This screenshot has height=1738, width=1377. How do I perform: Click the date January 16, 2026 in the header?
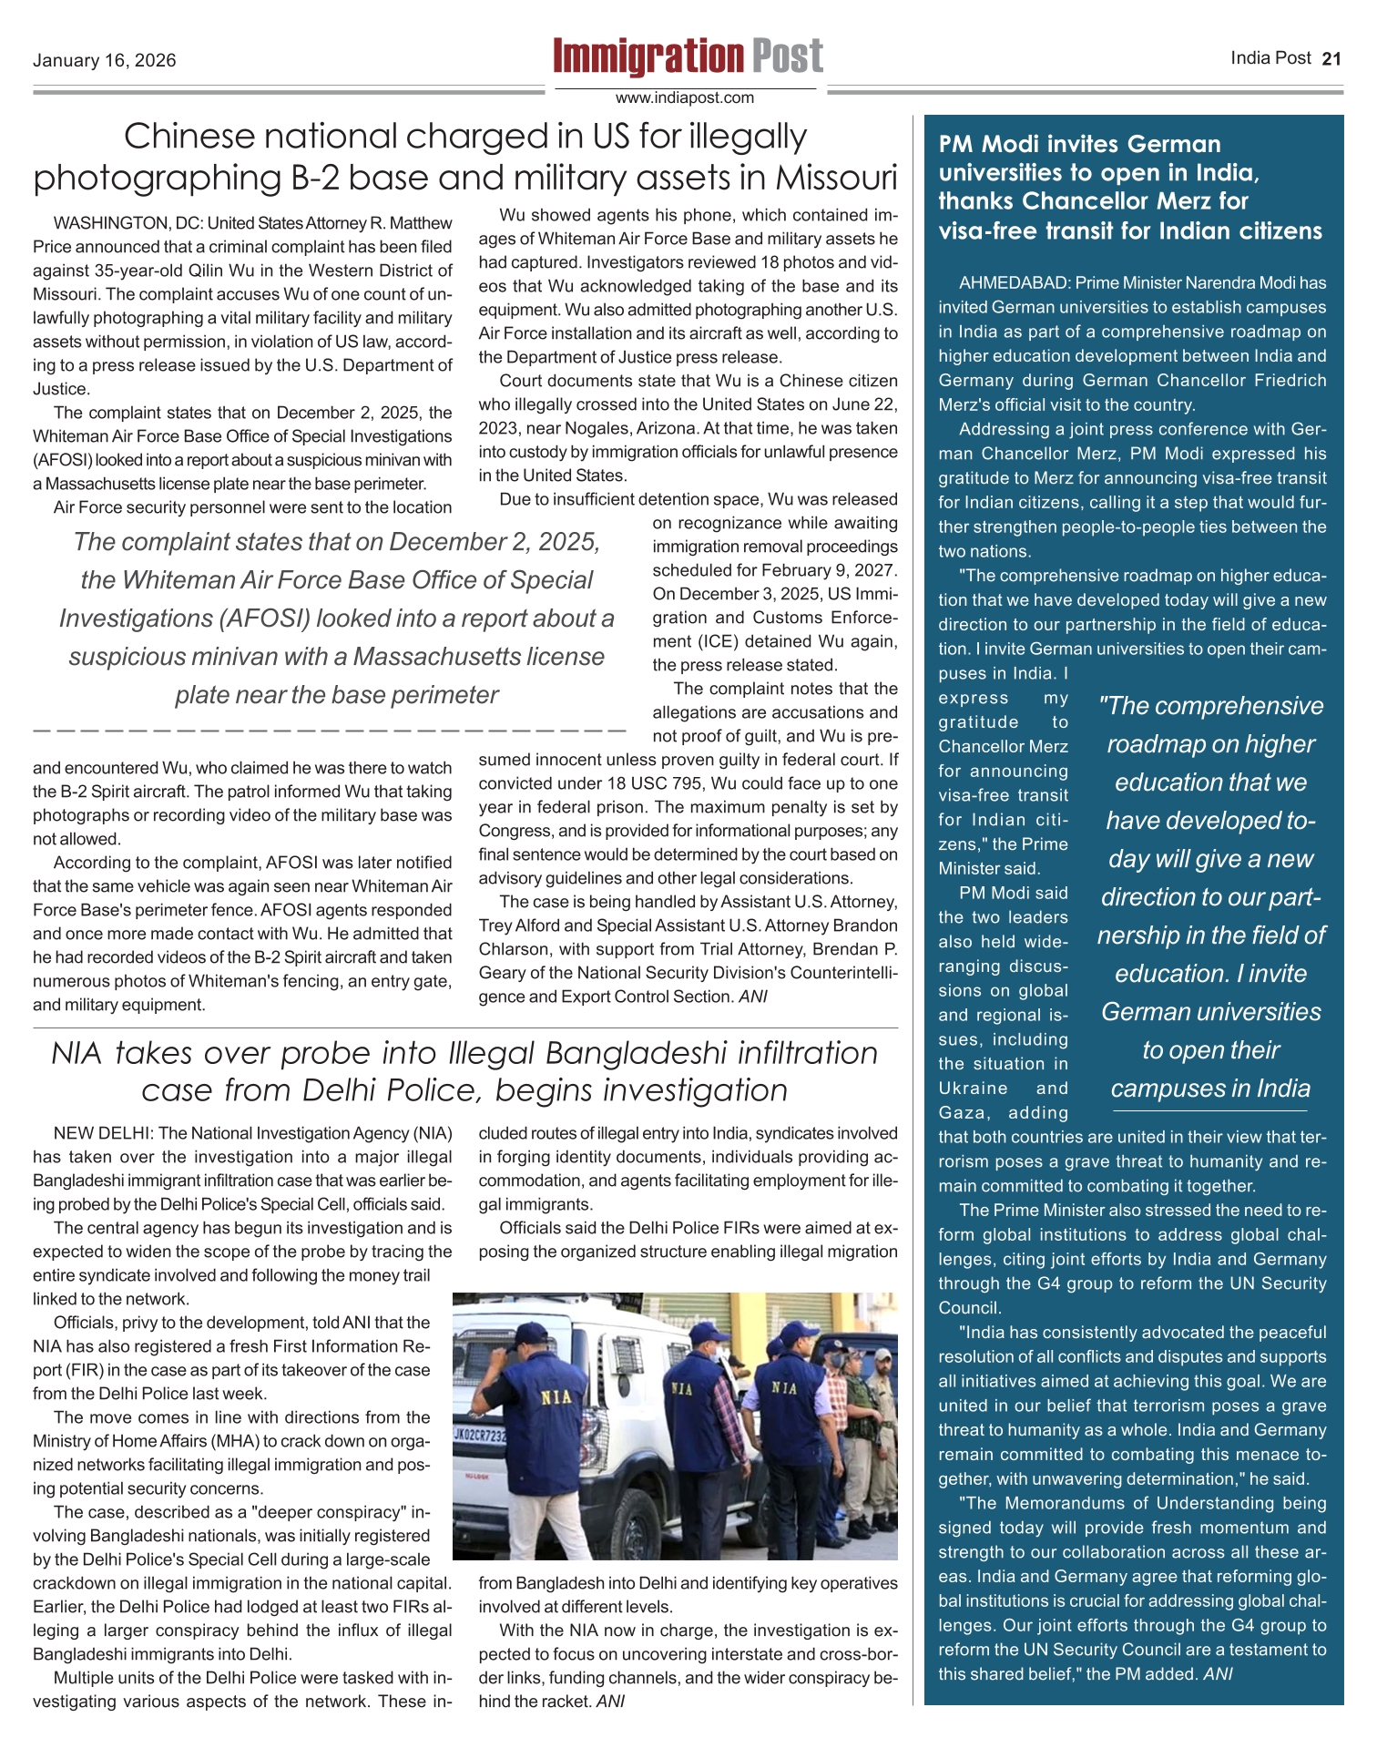point(105,61)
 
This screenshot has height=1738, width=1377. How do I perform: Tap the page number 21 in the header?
point(1331,59)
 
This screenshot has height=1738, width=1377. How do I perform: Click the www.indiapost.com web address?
point(685,97)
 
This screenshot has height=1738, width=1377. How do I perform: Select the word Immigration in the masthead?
point(648,57)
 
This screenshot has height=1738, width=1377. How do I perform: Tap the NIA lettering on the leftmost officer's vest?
point(557,1397)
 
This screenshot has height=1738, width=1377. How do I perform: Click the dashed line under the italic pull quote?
point(328,731)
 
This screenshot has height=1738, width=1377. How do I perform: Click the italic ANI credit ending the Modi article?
point(1218,1673)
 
